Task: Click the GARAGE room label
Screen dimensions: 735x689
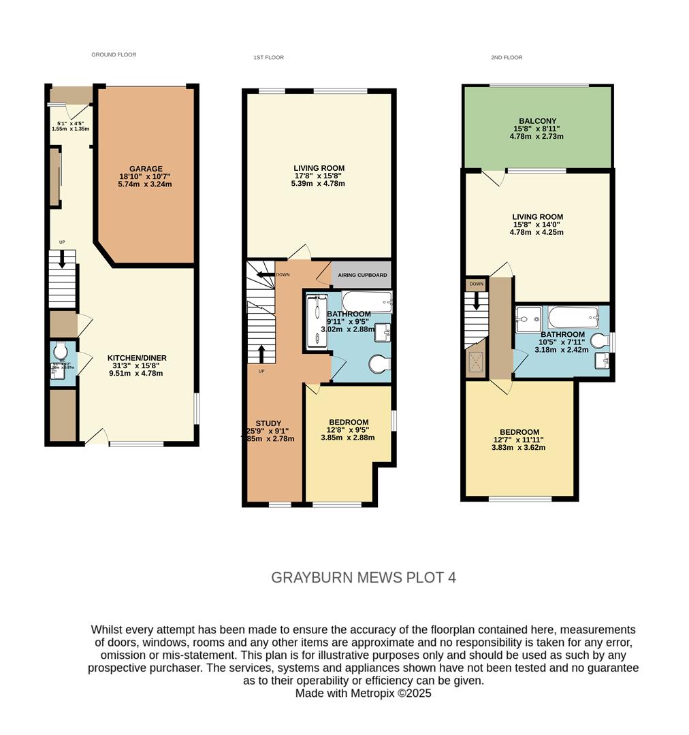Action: pyautogui.click(x=146, y=169)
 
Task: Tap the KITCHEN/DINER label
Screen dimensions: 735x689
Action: pyautogui.click(x=137, y=358)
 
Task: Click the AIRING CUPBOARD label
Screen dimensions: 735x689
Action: pyautogui.click(x=362, y=275)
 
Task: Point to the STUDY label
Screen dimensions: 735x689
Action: pyautogui.click(x=268, y=423)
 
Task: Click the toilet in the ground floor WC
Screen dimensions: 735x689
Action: pyautogui.click(x=60, y=351)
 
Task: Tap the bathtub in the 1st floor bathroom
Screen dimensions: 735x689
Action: pyautogui.click(x=366, y=300)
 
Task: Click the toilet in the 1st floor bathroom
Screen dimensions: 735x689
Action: pyautogui.click(x=379, y=365)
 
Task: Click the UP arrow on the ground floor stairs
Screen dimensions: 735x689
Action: pyautogui.click(x=62, y=259)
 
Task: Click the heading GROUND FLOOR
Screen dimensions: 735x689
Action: pyautogui.click(x=114, y=54)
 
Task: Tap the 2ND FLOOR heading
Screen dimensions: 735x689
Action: pyautogui.click(x=507, y=58)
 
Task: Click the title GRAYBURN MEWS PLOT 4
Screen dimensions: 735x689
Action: pyautogui.click(x=364, y=578)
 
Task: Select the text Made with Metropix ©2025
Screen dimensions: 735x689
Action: pyautogui.click(x=364, y=693)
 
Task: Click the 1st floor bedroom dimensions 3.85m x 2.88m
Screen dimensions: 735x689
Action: pyautogui.click(x=348, y=438)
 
